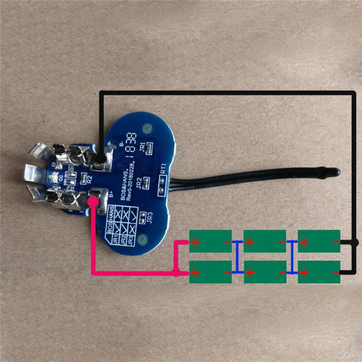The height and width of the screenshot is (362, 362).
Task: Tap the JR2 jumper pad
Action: pos(146,183)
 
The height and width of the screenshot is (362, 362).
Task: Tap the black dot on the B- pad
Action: pos(101,158)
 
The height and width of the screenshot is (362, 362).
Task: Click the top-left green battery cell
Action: pos(210,241)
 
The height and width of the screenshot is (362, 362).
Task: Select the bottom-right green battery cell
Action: pos(319,272)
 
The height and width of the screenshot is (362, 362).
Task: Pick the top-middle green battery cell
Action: pos(265,241)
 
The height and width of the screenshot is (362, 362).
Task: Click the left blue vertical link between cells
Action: pos(237,257)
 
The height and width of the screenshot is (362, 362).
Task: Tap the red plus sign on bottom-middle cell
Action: pos(250,272)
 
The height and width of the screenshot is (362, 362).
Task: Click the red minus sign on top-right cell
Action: pos(336,241)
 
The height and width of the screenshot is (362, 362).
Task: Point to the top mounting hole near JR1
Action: pos(147,128)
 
